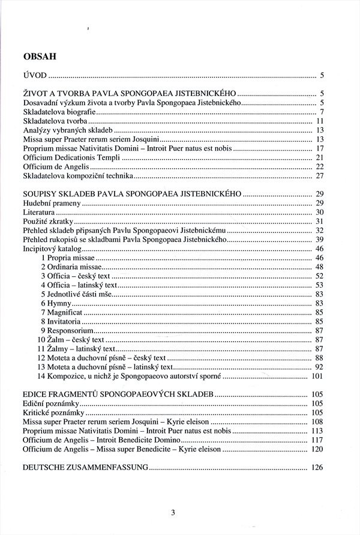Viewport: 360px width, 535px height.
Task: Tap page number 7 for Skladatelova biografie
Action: pos(322,112)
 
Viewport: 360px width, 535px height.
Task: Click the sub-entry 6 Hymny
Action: pos(56,304)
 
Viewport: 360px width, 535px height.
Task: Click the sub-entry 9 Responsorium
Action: pos(67,331)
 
